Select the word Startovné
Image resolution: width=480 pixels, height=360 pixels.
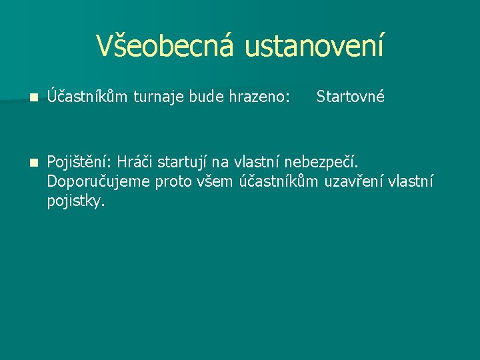coord(351,97)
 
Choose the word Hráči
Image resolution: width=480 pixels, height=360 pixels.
coord(136,162)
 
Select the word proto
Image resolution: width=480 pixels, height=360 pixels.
coord(173,182)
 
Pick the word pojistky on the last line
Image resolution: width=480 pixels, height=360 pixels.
coord(76,202)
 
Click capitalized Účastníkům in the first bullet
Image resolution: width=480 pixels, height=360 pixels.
coord(88,97)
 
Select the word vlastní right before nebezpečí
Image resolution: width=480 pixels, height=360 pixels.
coord(259,162)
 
